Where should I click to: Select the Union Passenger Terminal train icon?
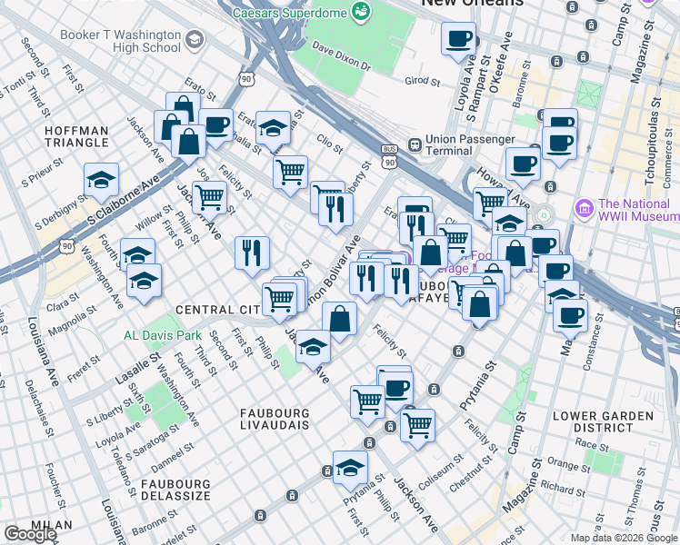click(x=414, y=144)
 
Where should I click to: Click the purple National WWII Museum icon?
click(x=583, y=205)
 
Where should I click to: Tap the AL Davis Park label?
click(x=163, y=335)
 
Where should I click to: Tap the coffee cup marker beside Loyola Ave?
click(x=458, y=39)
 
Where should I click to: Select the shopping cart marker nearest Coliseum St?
click(x=417, y=424)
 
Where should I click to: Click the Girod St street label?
click(x=422, y=81)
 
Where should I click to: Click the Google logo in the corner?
click(x=30, y=534)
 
